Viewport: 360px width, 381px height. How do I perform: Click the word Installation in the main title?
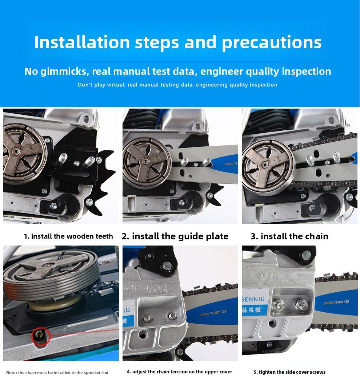82,42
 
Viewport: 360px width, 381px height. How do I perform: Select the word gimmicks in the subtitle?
63,72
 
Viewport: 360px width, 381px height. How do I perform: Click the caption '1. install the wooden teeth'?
68,236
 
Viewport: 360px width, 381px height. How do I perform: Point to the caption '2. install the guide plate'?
175,236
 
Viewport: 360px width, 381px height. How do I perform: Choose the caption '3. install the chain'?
289,236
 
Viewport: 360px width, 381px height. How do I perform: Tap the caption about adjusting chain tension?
180,372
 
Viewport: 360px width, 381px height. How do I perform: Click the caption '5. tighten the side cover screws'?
289,372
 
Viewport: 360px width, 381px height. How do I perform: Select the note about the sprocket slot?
57,373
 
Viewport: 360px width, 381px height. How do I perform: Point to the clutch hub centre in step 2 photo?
145,161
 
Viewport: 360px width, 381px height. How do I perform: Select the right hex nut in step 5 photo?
301,304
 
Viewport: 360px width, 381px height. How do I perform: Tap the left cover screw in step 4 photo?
147,318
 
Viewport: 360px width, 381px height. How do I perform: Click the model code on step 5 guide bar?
336,302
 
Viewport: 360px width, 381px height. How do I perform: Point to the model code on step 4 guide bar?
213,313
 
